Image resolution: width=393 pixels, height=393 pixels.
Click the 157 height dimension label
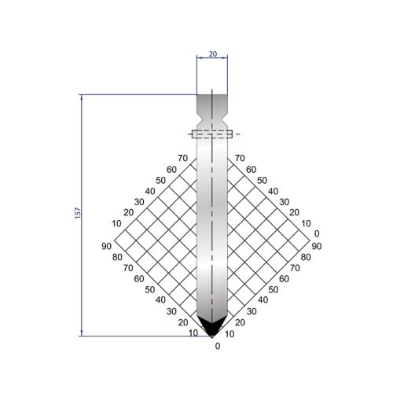pyautogui.click(x=78, y=213)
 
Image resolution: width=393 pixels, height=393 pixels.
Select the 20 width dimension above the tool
pyautogui.click(x=213, y=54)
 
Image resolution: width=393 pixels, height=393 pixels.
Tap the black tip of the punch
pyautogui.click(x=211, y=326)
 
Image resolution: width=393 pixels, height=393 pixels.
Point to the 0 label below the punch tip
pyautogui.click(x=218, y=346)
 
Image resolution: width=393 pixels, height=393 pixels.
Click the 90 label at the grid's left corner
pyautogui.click(x=106, y=246)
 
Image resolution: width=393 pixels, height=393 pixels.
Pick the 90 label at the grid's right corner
pyautogui.click(x=317, y=246)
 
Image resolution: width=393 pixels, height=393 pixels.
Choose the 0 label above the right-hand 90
pyautogui.click(x=317, y=233)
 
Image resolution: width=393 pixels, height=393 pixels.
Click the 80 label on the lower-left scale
pyautogui.click(x=117, y=257)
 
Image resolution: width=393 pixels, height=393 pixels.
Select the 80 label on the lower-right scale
pyautogui.click(x=306, y=257)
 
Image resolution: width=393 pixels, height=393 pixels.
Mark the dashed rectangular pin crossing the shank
pyautogui.click(x=212, y=134)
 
